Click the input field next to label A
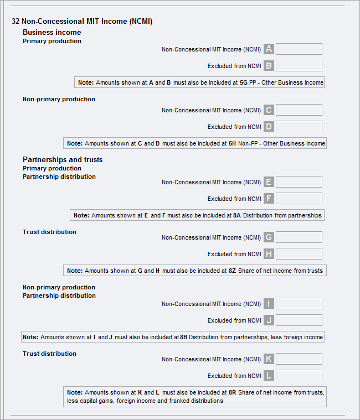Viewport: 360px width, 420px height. click(299, 49)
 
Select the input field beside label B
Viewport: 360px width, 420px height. click(299, 66)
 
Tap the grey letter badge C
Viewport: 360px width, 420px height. click(269, 110)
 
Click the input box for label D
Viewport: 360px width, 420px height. click(299, 127)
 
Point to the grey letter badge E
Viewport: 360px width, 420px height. click(269, 182)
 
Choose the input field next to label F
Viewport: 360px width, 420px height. click(299, 199)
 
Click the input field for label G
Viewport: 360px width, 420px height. click(299, 237)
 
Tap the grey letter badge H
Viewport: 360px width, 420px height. click(269, 254)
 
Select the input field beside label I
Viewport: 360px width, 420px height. click(299, 304)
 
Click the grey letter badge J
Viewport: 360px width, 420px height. click(269, 320)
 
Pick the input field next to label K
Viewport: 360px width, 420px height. click(299, 359)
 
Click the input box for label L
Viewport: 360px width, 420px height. click(299, 376)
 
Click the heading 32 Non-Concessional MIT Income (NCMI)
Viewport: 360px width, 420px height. click(82, 22)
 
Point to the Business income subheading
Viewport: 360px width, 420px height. click(52, 33)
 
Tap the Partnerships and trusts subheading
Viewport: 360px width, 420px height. click(63, 160)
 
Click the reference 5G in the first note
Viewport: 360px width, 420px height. click(243, 82)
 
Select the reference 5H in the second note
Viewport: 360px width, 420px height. click(232, 143)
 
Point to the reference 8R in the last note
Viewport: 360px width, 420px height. click(233, 392)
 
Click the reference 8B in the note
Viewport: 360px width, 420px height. click(184, 337)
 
